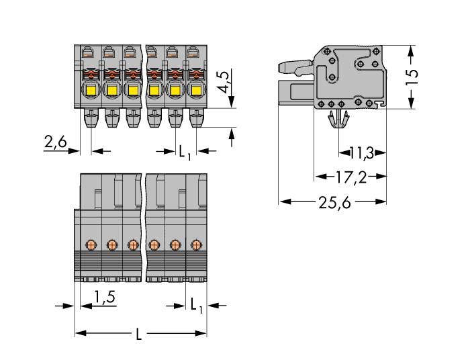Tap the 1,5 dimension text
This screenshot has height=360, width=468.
[x=103, y=296]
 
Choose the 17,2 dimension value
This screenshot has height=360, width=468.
[x=350, y=178]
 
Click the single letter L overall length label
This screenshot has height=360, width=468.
[x=139, y=334]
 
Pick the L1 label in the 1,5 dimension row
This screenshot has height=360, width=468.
[x=195, y=306]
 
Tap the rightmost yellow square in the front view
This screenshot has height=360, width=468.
[x=195, y=90]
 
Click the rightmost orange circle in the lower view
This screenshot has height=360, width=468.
[x=195, y=244]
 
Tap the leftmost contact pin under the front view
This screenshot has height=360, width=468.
[x=91, y=121]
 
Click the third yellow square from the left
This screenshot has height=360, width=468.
[x=133, y=90]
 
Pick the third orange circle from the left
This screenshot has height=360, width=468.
[x=133, y=244]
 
